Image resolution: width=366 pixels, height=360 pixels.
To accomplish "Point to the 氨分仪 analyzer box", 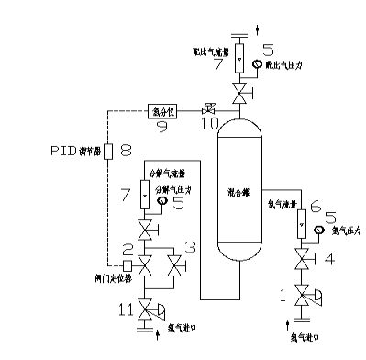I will click(161, 111).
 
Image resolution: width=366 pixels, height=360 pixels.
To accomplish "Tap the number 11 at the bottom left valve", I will click(124, 310).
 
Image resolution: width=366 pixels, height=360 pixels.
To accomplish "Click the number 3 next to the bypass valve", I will click(190, 249).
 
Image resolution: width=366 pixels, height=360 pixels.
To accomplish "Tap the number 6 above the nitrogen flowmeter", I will click(315, 206).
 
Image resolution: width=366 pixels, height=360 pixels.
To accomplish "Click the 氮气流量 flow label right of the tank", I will click(280, 208).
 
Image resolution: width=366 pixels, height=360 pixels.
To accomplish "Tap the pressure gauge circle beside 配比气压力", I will click(258, 63).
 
